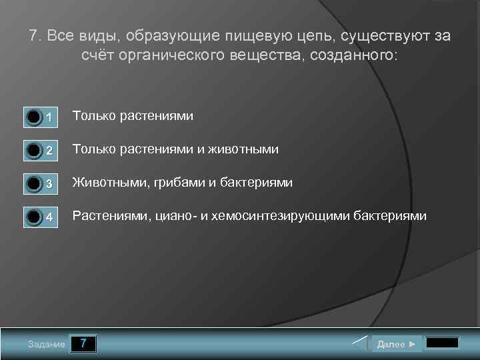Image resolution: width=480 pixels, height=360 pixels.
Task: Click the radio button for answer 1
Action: tap(34, 118)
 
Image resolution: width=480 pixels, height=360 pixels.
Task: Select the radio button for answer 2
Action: tap(34, 151)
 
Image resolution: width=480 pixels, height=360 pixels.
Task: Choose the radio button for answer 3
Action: tap(34, 184)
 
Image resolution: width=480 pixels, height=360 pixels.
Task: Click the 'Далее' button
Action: tap(396, 344)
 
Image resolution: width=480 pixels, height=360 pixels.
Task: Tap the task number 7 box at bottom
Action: tap(83, 344)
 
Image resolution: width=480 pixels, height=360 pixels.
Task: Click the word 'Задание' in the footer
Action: tap(47, 345)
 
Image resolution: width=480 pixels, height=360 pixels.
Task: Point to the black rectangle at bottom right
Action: tap(442, 343)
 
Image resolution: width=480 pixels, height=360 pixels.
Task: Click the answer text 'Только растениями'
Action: tap(133, 116)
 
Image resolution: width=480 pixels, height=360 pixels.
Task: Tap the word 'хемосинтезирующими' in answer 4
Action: tap(290, 215)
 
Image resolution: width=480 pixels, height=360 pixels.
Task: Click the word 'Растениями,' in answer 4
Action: tap(110, 215)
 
